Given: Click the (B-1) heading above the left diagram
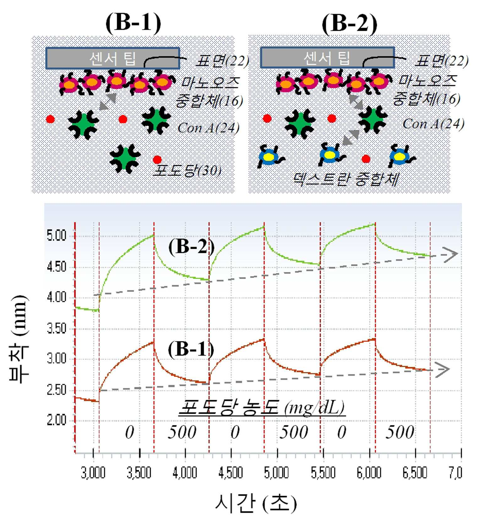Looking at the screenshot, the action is (133, 23).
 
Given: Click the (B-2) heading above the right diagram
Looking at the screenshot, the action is (349, 23).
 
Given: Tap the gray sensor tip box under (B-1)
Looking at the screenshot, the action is (113, 58).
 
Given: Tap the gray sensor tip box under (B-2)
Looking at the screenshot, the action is (328, 57).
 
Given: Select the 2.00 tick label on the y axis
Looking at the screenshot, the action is (57, 420).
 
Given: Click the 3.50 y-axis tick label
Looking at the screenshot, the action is (57, 328).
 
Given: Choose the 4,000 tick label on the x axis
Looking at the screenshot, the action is (185, 472).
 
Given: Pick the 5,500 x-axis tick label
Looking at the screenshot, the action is (323, 472).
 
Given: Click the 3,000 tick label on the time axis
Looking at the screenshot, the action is (93, 472).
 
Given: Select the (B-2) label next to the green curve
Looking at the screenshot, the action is (192, 247).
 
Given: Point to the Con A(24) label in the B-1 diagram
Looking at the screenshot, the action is (209, 128).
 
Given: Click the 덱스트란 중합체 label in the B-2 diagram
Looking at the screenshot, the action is (346, 179).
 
